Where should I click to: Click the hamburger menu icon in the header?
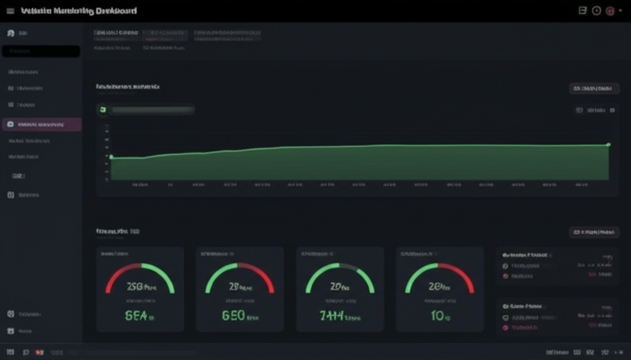10,11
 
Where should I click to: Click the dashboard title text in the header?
79,11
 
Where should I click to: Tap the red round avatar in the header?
610,10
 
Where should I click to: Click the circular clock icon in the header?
596,10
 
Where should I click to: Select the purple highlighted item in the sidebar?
42,125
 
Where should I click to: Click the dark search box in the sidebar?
41,52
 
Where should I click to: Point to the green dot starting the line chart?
111,157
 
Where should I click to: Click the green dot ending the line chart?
608,145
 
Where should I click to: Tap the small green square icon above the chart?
103,110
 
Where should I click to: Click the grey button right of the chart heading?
594,89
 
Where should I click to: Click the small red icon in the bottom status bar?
40,353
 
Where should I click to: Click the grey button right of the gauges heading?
594,232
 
